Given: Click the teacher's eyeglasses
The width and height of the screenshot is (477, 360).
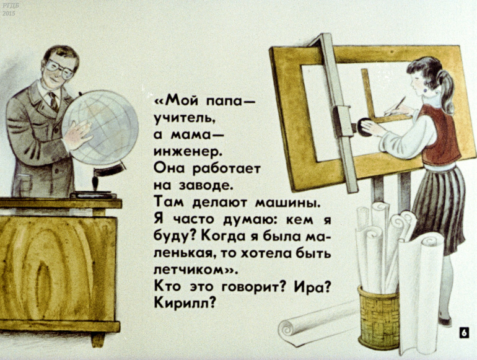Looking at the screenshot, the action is click(60, 69).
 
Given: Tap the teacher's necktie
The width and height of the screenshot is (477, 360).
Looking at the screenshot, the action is click(54, 102).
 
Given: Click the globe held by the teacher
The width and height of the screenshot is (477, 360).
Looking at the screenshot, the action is click(100, 128).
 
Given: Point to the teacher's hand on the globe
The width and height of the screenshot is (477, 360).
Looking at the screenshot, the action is click(78, 134).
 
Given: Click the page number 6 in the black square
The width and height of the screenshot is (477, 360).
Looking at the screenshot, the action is click(463, 333).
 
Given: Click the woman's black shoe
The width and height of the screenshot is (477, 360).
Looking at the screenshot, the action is click(445, 320).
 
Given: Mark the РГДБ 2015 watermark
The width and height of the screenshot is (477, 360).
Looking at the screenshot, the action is click(9, 9).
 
